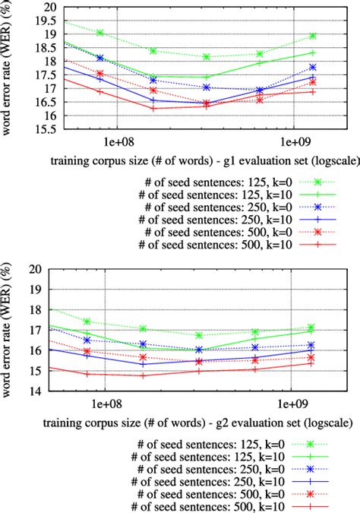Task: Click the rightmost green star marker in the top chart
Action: click(313, 36)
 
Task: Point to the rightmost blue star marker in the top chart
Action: click(313, 68)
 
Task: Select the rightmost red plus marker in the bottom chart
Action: click(313, 363)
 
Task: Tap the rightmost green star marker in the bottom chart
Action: click(313, 328)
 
